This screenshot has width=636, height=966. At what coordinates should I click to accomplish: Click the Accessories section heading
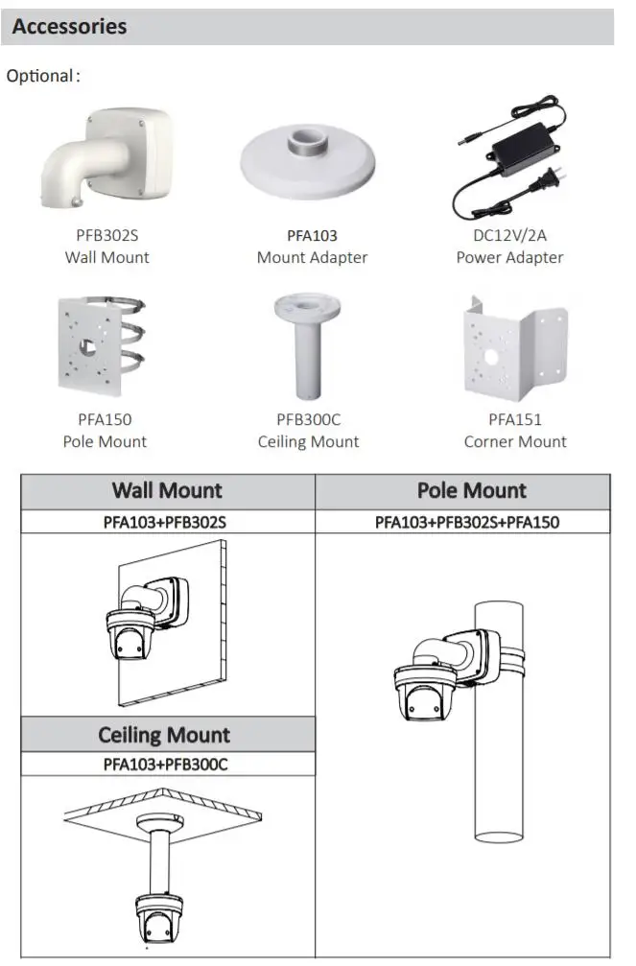[x=69, y=27]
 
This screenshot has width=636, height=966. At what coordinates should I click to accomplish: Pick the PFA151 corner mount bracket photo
[x=514, y=350]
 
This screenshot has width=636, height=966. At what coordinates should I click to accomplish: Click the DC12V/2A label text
[x=509, y=235]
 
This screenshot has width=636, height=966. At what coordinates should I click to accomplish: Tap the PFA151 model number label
[x=515, y=419]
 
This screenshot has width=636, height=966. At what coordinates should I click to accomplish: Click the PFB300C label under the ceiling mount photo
[x=308, y=419]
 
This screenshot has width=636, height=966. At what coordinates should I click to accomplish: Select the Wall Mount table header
[x=167, y=491]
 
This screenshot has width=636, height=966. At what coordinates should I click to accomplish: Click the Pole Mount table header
[x=471, y=491]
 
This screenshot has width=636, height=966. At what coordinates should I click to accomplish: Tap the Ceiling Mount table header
[x=164, y=736]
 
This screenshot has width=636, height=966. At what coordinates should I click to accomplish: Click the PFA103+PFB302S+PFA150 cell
[x=466, y=522]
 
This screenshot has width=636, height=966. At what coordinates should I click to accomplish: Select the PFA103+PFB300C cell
[x=165, y=765]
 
